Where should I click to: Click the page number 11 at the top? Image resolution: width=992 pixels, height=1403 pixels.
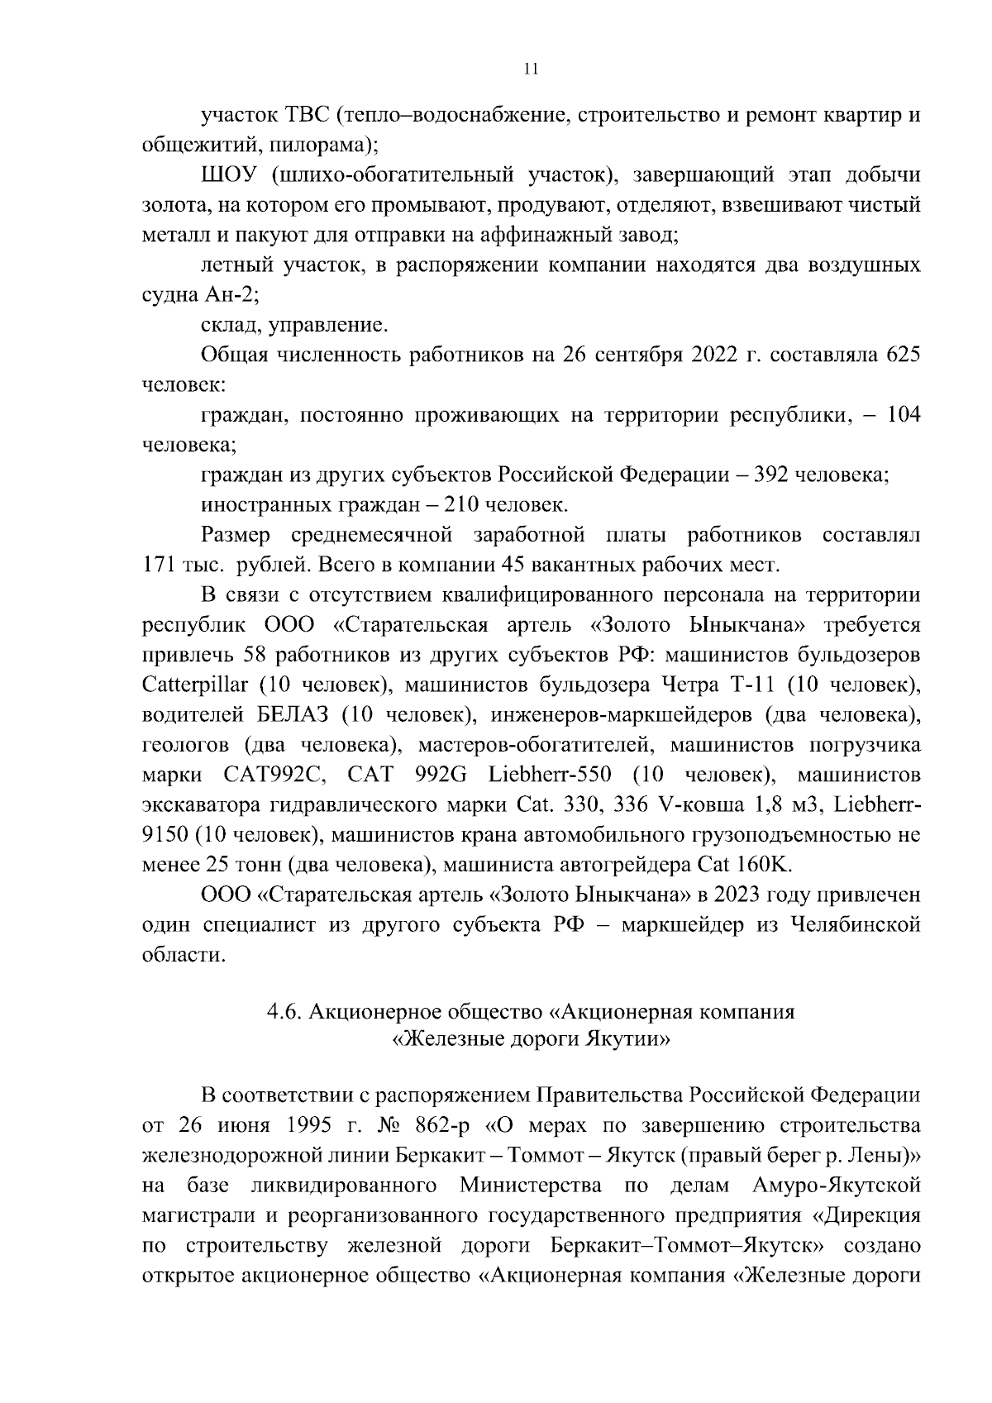pyautogui.click(x=531, y=69)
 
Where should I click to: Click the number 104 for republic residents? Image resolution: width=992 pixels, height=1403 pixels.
pyautogui.click(x=903, y=415)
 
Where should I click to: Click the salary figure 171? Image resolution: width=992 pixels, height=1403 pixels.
pyautogui.click(x=158, y=565)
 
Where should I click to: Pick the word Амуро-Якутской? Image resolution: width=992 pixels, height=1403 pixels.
pyautogui.click(x=837, y=1186)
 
